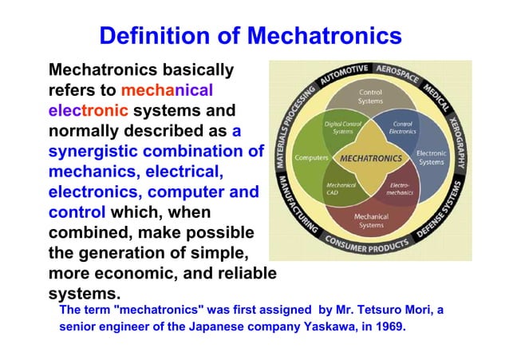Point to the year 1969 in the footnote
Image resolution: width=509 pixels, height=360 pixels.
coord(389,327)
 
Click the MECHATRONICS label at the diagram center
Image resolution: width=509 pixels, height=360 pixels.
coord(369,158)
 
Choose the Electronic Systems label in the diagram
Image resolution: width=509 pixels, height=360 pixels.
coord(431,158)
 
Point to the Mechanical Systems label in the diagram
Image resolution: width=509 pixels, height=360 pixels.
coord(370,220)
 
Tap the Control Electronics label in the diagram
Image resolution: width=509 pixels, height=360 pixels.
coord(402,127)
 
